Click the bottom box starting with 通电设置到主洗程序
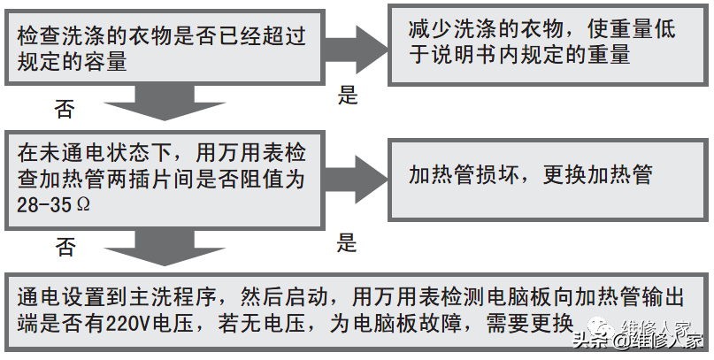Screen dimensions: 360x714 click(354, 310)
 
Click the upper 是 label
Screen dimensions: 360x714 click(348, 96)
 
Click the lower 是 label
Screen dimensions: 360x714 click(348, 242)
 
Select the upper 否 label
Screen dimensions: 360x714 click(65, 110)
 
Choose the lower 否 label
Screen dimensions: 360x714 click(65, 247)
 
